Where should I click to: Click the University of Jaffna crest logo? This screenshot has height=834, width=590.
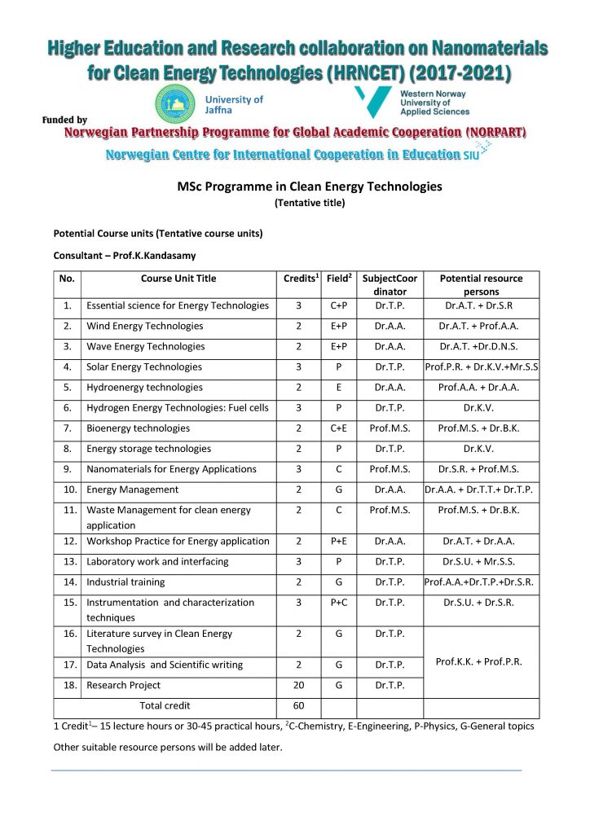tap(176, 105)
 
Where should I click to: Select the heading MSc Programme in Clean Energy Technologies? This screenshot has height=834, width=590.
tap(309, 187)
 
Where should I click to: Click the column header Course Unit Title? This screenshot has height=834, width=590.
tap(178, 279)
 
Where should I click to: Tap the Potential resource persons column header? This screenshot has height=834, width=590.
tap(481, 285)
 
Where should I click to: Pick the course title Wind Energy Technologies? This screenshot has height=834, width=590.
tap(145, 326)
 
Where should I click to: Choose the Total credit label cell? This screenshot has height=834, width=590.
tap(165, 705)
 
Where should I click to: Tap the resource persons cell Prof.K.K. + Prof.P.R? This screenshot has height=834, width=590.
tap(481, 661)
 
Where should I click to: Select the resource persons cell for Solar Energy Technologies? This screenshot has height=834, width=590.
tap(481, 367)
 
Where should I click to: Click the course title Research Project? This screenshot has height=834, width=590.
tap(124, 685)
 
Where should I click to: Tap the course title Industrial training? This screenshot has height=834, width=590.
tap(125, 582)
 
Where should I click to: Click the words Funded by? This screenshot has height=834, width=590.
tap(64, 121)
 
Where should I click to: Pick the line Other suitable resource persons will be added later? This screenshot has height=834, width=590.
tap(167, 746)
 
